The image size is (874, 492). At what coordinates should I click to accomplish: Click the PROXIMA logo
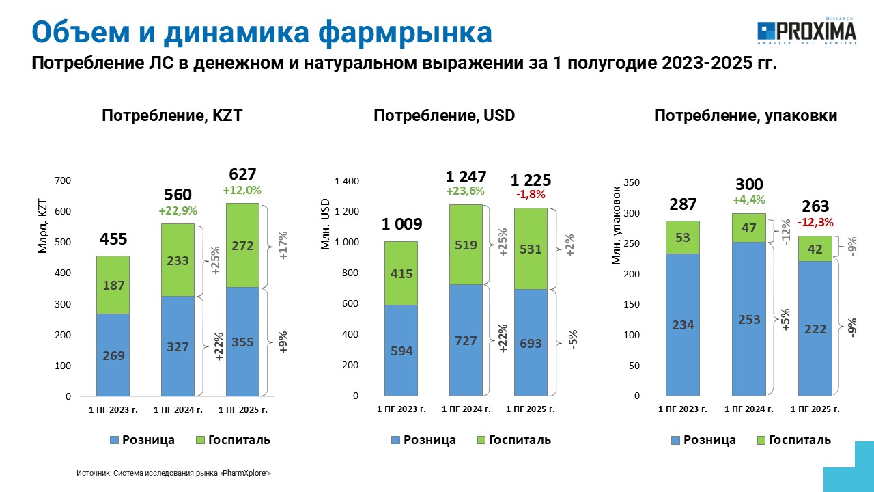pyautogui.click(x=806, y=31)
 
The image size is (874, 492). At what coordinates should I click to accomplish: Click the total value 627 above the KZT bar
pyautogui.click(x=242, y=174)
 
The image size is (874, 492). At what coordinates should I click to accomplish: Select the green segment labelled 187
pyautogui.click(x=113, y=285)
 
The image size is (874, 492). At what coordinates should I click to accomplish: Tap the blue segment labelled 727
pyautogui.click(x=466, y=340)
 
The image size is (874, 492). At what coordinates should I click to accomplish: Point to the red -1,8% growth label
pyautogui.click(x=531, y=194)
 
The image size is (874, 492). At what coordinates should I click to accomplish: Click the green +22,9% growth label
pyautogui.click(x=178, y=211)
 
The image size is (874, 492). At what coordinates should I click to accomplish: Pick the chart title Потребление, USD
pyautogui.click(x=444, y=115)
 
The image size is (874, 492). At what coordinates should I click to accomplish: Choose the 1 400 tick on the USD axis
pyautogui.click(x=346, y=181)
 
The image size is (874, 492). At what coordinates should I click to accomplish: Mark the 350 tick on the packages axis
pyautogui.click(x=632, y=182)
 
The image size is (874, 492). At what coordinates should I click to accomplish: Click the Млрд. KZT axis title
pyautogui.click(x=42, y=226)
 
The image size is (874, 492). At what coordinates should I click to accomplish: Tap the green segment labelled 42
pyautogui.click(x=815, y=249)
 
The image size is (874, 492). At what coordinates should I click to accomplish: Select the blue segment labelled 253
pyautogui.click(x=749, y=319)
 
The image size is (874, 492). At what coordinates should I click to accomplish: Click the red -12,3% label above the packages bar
pyautogui.click(x=815, y=223)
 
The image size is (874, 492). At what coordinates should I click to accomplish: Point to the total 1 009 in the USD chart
pyautogui.click(x=401, y=224)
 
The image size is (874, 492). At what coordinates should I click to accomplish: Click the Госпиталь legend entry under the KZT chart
pyautogui.click(x=233, y=440)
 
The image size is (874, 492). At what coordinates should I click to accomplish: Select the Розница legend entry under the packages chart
pyautogui.click(x=703, y=440)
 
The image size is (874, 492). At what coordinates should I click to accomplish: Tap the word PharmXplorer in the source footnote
pyautogui.click(x=246, y=474)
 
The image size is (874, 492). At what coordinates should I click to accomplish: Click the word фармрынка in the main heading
pyautogui.click(x=405, y=32)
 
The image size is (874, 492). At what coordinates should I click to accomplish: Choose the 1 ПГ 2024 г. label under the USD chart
pyautogui.click(x=466, y=409)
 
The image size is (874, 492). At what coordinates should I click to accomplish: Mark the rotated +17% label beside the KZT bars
pyautogui.click(x=283, y=245)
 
